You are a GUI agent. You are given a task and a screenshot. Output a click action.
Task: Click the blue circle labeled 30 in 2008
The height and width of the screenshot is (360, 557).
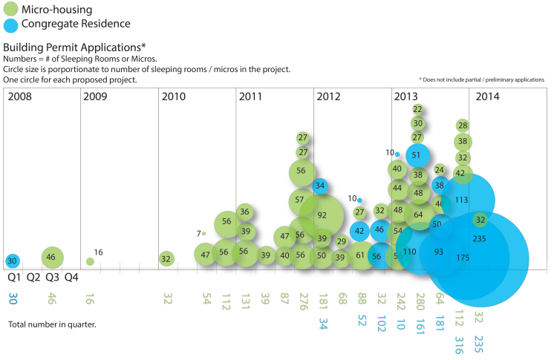(x=13, y=261)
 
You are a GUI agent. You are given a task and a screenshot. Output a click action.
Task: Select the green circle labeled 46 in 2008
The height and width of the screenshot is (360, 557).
(x=51, y=257)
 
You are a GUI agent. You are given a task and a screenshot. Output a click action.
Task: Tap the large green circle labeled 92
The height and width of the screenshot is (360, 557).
(x=322, y=215)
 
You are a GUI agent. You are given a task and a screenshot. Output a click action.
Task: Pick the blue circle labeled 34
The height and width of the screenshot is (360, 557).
(x=321, y=186)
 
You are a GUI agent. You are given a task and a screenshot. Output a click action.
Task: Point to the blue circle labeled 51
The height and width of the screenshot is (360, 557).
(x=417, y=156)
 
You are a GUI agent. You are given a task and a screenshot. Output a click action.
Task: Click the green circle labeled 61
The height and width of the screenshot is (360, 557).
(x=360, y=256)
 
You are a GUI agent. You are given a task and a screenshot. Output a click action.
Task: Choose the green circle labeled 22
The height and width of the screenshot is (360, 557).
(x=417, y=109)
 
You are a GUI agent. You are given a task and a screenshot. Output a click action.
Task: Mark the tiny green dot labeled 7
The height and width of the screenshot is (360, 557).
(x=203, y=233)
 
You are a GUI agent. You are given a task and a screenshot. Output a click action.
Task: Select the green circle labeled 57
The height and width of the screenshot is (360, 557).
(x=299, y=200)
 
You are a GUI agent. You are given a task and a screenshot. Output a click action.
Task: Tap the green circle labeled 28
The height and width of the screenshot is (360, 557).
(x=462, y=125)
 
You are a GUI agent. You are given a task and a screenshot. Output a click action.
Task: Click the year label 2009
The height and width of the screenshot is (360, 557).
(x=95, y=96)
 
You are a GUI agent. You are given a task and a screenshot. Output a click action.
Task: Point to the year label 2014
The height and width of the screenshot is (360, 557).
(x=487, y=96)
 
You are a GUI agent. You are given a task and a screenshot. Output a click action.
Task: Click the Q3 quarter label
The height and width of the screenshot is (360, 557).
(x=52, y=278)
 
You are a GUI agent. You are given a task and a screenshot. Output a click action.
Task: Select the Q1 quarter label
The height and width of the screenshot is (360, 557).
(x=14, y=278)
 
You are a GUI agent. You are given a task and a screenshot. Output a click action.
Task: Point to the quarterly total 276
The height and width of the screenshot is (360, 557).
(x=302, y=301)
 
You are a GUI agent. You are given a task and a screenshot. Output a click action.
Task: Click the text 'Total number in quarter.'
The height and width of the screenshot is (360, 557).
(x=53, y=324)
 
